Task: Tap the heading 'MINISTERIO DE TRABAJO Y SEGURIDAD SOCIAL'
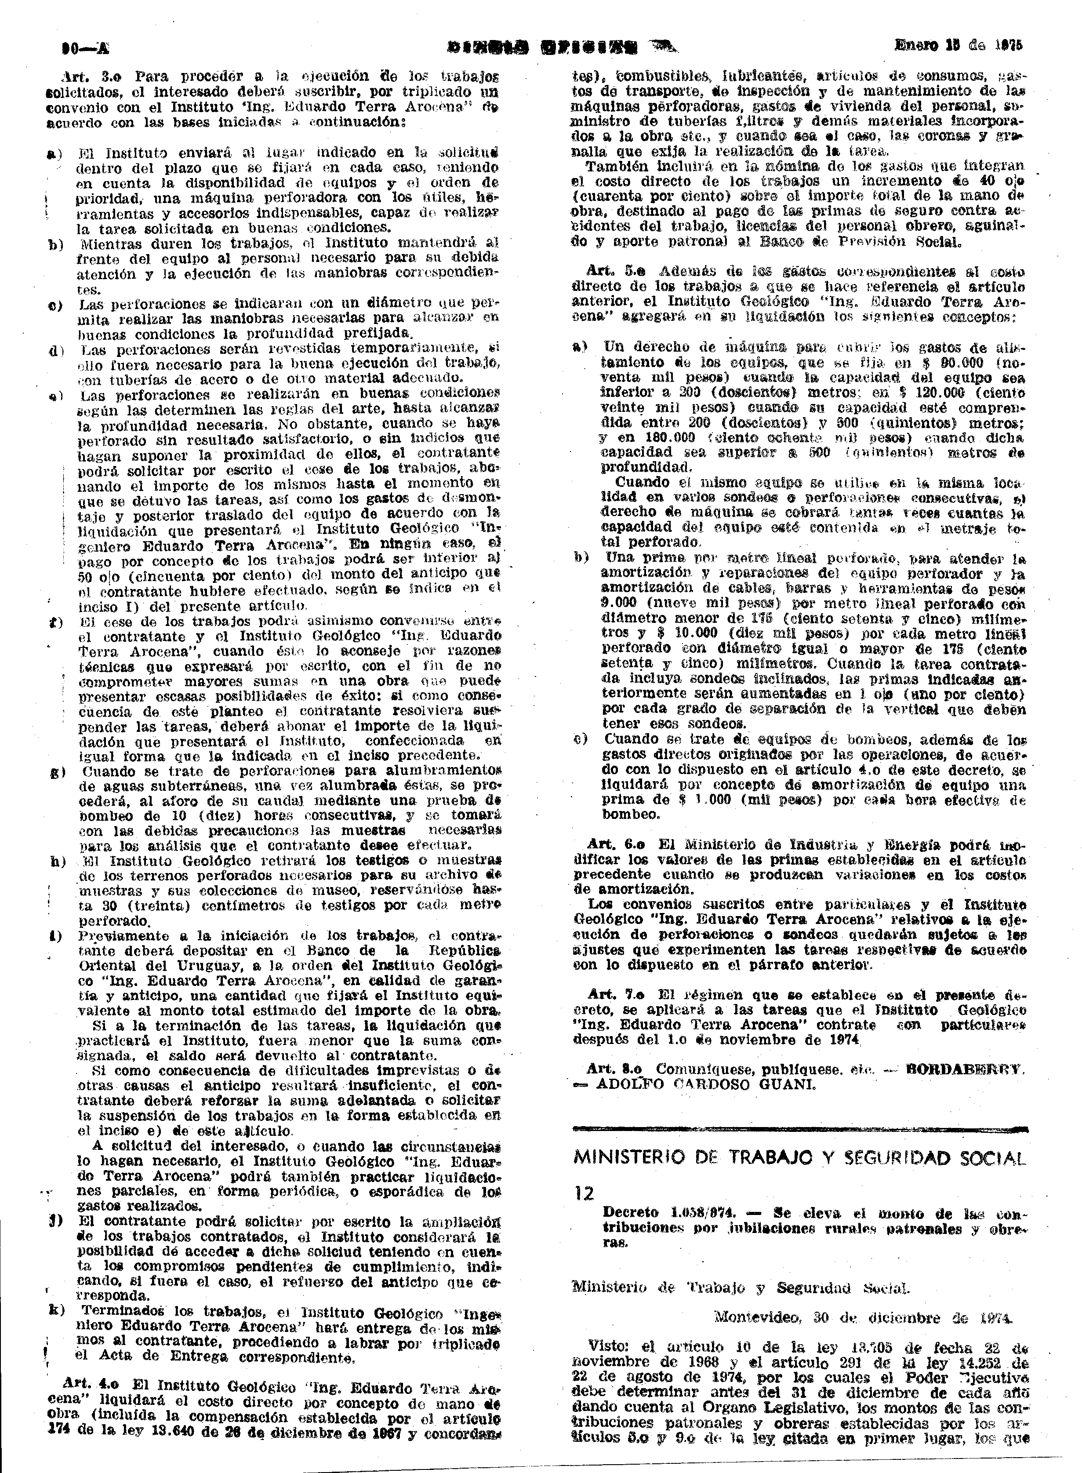(799, 1158)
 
